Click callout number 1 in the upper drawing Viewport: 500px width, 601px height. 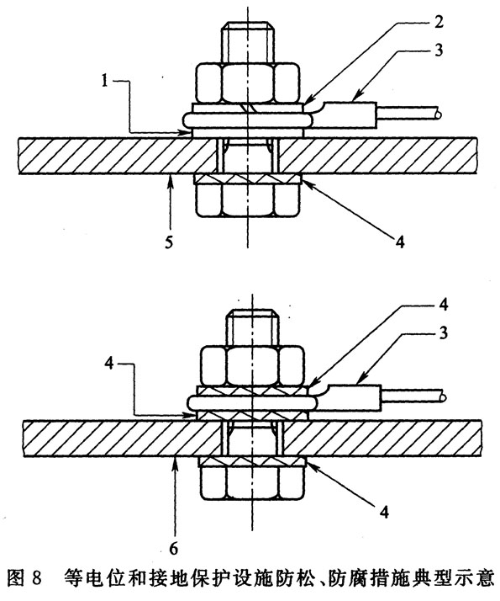coord(104,82)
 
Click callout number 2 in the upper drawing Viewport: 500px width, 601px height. coord(438,22)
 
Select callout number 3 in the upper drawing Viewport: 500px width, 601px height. coord(439,51)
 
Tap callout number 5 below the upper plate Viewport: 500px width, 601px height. coord(170,242)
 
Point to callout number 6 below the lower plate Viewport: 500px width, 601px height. coord(174,549)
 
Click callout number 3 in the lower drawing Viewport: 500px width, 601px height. coord(443,333)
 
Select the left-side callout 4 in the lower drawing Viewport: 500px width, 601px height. coord(109,364)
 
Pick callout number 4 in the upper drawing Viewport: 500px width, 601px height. coord(399,242)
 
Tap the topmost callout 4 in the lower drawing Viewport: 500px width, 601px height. coord(443,305)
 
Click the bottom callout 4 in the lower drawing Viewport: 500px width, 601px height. coord(385,511)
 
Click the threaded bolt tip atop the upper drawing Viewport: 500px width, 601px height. coord(249,42)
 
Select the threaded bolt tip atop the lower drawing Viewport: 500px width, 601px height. coord(252,328)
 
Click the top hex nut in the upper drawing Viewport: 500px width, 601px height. coord(248,82)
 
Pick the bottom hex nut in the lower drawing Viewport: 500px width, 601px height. coord(252,483)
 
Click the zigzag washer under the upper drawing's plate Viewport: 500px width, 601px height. coord(248,178)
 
